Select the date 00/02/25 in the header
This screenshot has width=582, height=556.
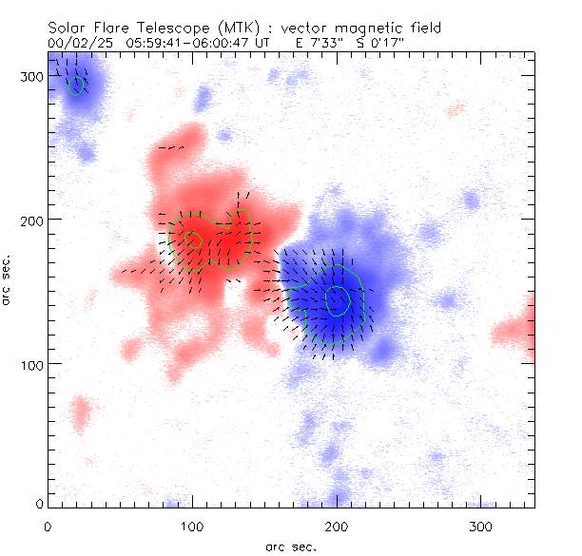coord(76,43)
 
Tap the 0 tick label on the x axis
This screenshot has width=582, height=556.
coord(48,526)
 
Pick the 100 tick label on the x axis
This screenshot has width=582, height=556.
coord(192,526)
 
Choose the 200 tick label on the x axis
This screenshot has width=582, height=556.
coord(337,526)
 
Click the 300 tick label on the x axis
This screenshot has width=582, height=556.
coord(481,526)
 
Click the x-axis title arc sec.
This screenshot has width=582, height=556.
coord(290,546)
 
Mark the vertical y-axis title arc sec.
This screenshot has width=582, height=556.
coord(9,278)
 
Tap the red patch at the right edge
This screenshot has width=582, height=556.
coord(518,328)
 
